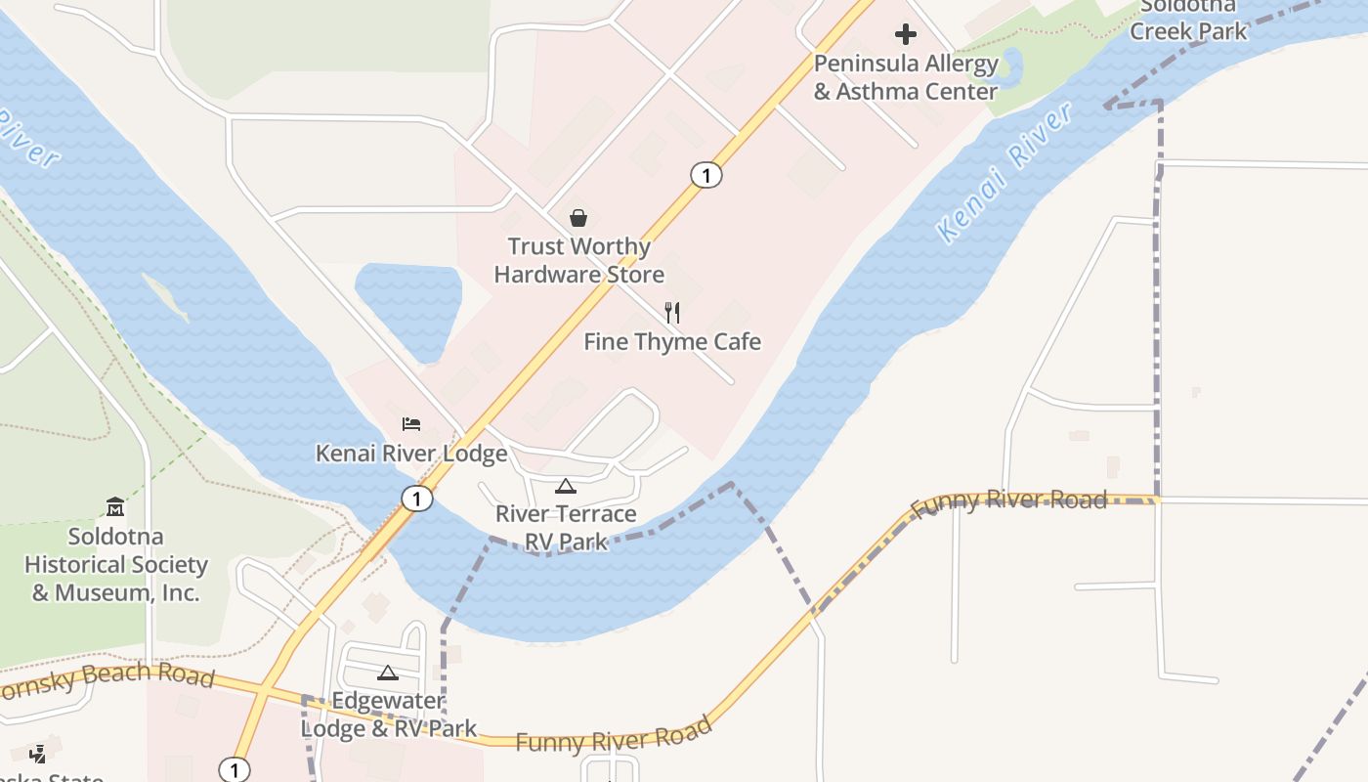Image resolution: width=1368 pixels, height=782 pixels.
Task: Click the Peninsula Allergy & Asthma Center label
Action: [x=906, y=78]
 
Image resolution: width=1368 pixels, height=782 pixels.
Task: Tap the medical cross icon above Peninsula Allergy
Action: [x=906, y=35]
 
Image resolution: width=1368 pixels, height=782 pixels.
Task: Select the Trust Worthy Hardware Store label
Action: [x=578, y=260]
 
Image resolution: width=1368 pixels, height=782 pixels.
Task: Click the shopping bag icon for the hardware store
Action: [x=578, y=218]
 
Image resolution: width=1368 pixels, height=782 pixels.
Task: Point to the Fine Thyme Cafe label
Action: [x=672, y=342]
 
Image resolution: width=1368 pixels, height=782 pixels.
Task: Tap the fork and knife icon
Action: [x=672, y=313]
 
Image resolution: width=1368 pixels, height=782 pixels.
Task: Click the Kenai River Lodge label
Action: [x=411, y=454]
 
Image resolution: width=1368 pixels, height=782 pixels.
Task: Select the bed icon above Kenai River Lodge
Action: [x=411, y=424]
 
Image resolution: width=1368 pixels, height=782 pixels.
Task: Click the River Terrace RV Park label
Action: [x=566, y=528]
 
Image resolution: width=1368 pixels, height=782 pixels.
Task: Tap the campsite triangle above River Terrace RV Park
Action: [x=566, y=486]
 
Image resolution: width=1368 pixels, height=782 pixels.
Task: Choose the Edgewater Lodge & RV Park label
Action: [x=388, y=715]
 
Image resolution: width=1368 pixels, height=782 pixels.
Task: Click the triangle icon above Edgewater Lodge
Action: [x=388, y=673]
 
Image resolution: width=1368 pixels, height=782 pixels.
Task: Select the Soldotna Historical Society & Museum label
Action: [x=115, y=564]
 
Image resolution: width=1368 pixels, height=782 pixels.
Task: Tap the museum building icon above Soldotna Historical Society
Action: [x=115, y=506]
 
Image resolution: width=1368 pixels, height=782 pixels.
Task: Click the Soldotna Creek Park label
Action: [x=1188, y=20]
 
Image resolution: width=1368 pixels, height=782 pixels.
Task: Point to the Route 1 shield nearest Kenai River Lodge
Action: [x=417, y=499]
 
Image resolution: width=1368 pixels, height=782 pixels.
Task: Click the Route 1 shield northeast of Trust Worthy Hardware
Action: [x=705, y=175]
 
